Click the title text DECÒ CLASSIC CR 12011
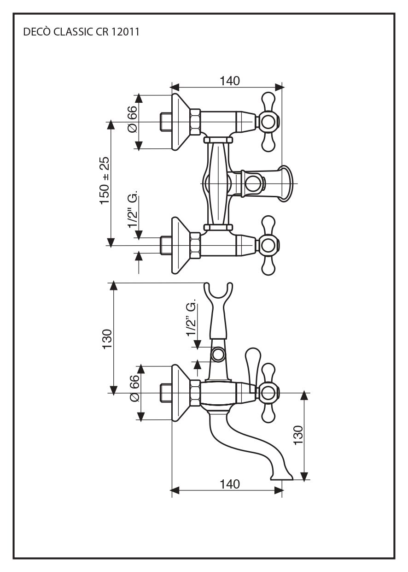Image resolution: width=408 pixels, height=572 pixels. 81,32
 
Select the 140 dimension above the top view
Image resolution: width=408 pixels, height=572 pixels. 229,81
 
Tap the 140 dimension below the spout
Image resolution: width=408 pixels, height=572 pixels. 229,484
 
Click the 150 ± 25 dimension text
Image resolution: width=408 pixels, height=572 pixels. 105,181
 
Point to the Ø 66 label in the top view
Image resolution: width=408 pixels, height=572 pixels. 132,118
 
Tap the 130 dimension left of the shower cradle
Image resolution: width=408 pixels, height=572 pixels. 107,340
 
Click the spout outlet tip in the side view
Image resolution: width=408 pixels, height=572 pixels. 281,477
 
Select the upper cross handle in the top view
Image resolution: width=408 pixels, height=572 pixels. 268,122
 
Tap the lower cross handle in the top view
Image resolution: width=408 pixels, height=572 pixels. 268,245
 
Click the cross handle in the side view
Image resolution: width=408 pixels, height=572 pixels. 268,393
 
